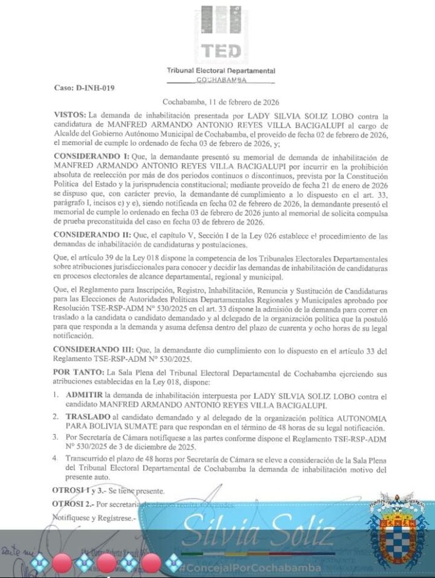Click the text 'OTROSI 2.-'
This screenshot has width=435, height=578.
pyautogui.click(x=73, y=504)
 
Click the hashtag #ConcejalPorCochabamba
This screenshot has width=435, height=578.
pyautogui.click(x=250, y=568)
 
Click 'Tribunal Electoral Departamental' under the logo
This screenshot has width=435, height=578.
pyautogui.click(x=221, y=71)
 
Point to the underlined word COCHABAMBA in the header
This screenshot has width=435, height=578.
pyautogui.click(x=221, y=81)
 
